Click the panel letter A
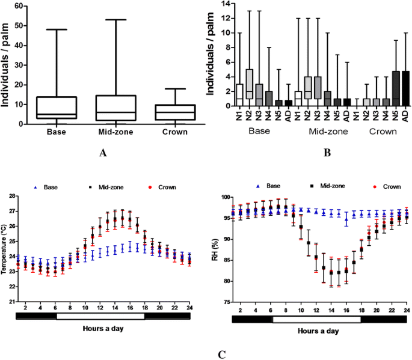tap(102, 153)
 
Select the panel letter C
tap(222, 353)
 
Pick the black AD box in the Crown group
tap(405, 88)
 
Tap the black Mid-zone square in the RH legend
tap(313, 187)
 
